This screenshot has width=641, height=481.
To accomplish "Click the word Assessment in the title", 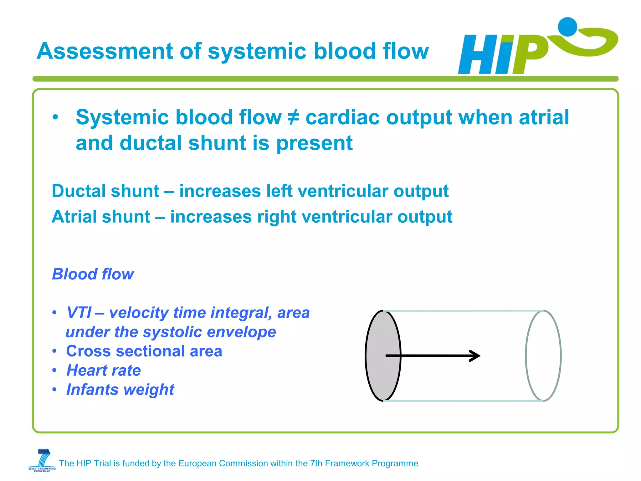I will click(x=105, y=51).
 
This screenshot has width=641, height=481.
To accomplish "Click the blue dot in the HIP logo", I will click(x=567, y=27).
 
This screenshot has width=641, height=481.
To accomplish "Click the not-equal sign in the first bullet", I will click(x=293, y=118).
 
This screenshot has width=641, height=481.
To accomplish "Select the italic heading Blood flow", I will click(x=93, y=274).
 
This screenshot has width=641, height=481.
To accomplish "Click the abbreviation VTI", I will click(x=79, y=313).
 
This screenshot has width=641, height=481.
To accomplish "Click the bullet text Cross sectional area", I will click(x=144, y=351).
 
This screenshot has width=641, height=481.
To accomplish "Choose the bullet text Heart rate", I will click(x=104, y=370).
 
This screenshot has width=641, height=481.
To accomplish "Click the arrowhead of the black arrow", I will click(x=476, y=355).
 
